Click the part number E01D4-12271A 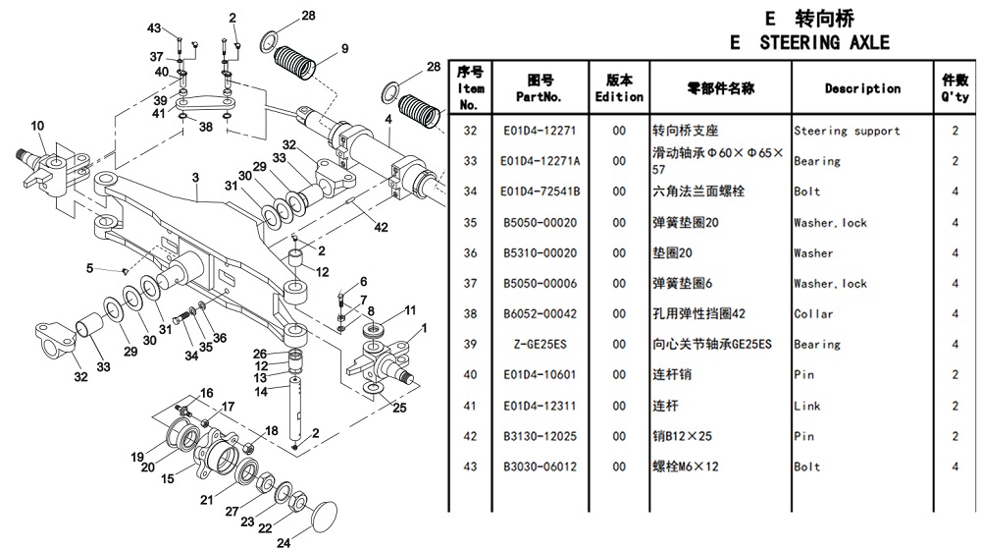coord(541,161)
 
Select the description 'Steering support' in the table coord(847,131)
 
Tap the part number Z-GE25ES coord(541,345)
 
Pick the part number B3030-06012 coord(541,467)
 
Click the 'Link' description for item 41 coord(805,406)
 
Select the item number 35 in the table coord(470,223)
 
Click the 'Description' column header coord(861,88)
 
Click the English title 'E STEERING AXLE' coord(810,42)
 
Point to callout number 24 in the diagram coord(283,541)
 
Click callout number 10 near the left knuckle coord(37,125)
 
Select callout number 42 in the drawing coord(381,227)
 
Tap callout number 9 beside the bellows coord(344,49)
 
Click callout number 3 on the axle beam coord(195,178)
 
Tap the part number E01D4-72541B coord(541,192)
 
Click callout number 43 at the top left coord(154,27)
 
